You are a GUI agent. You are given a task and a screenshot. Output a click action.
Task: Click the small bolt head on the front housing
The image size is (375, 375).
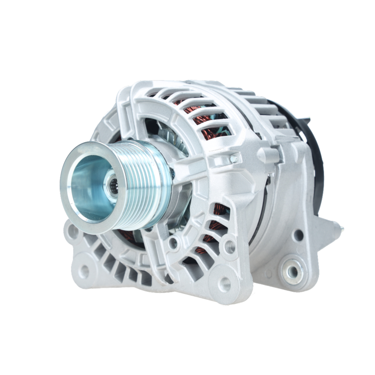pos(234,159)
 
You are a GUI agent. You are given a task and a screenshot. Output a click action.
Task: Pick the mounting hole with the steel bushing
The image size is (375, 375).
pos(292,271)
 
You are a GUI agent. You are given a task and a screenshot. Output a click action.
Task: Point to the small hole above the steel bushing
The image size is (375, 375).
pos(299,235)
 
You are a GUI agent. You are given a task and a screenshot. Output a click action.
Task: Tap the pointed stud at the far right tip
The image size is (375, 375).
pos(341,227)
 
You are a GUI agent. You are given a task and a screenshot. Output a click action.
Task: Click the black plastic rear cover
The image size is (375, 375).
pos(317,157)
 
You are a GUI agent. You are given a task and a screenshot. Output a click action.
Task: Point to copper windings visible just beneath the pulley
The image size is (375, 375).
pos(127,236)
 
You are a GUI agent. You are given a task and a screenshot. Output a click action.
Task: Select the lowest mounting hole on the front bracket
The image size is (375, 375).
pos(224,284)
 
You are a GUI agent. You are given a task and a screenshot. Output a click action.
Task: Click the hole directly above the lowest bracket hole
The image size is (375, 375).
pos(230,247)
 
